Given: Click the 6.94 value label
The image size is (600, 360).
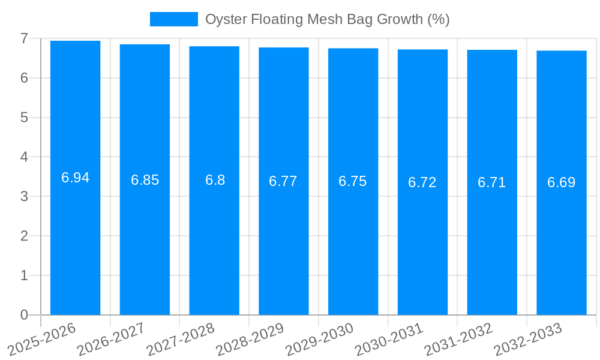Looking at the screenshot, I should pos(76,178).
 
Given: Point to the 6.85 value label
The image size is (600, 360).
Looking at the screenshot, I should pos(145,180).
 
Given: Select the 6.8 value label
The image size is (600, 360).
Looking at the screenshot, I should pos(215,180).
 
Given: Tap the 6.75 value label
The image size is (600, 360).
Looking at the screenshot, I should pos(353,181).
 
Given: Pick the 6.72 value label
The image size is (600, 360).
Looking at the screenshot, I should pos(422,182).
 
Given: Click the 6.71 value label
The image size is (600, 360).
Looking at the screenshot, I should pos(492,182).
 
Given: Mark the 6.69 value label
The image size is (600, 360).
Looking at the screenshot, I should pos(562,182).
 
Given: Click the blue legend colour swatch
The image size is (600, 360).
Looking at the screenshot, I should pos(173,19).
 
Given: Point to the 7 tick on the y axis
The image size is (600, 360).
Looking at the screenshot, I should pos(24,38).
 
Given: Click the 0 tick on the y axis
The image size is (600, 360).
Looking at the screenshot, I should pos(24,315).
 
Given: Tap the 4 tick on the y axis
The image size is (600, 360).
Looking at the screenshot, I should pos(24,157).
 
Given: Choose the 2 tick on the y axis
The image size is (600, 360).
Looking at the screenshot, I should pos(24,236).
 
